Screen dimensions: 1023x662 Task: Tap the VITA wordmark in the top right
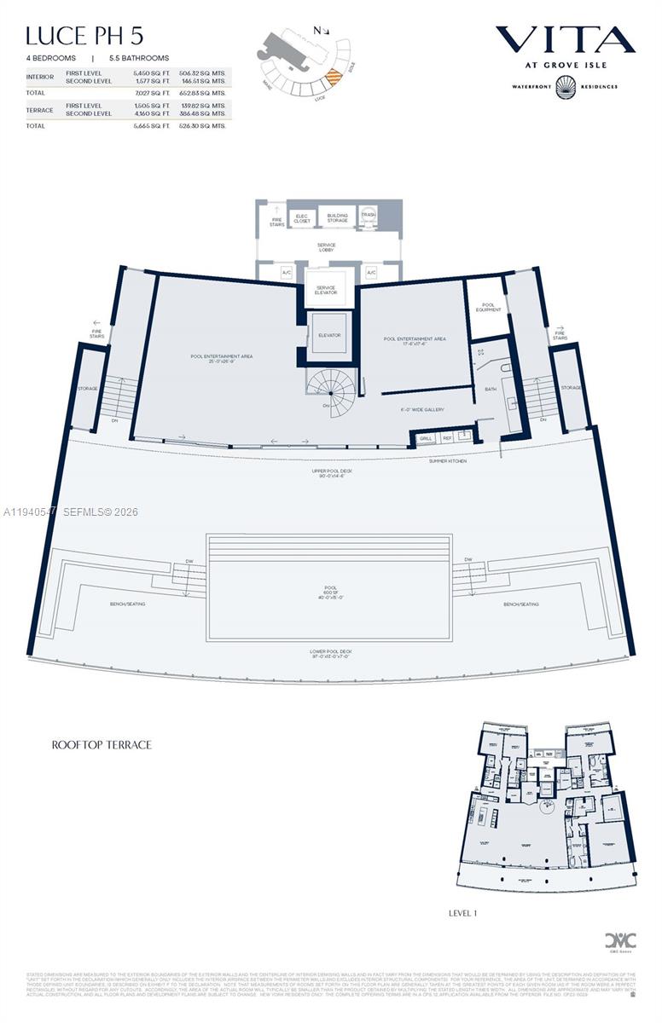[x=565, y=39]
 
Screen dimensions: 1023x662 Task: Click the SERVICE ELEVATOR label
[x=327, y=290]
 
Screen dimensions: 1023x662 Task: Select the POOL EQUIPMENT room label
[x=488, y=306]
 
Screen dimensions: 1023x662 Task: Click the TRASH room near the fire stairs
[x=369, y=216]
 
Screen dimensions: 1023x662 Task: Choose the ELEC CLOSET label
[x=301, y=217]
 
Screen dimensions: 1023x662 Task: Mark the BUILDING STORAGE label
[x=338, y=217]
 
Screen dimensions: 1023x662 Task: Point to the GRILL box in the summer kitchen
[x=426, y=438]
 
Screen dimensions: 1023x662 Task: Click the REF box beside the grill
[x=445, y=438]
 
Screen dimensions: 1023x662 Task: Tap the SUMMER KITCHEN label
[x=447, y=460]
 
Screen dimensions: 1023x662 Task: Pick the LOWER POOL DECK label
[x=331, y=653]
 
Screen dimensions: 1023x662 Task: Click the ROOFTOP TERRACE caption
[x=102, y=744]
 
